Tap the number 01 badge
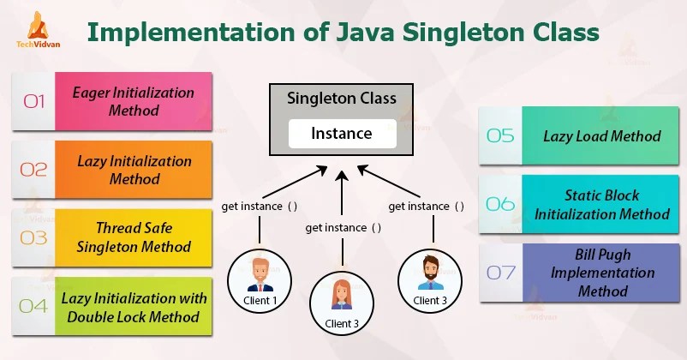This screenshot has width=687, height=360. [33, 102]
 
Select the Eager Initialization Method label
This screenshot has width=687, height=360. [134, 102]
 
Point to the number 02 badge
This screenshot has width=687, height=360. [33, 170]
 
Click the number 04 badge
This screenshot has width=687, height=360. [33, 306]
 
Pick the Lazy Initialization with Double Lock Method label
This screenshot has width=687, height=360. [134, 307]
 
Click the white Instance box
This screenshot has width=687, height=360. [341, 133]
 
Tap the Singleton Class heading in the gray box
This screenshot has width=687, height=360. [341, 99]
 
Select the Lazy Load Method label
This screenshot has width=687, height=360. [601, 135]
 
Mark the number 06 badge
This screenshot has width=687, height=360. [500, 204]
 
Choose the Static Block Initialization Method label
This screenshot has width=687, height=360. [601, 204]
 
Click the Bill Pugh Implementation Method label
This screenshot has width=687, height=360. [602, 273]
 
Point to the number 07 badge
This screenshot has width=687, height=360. [500, 273]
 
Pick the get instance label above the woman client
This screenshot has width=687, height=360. [343, 227]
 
